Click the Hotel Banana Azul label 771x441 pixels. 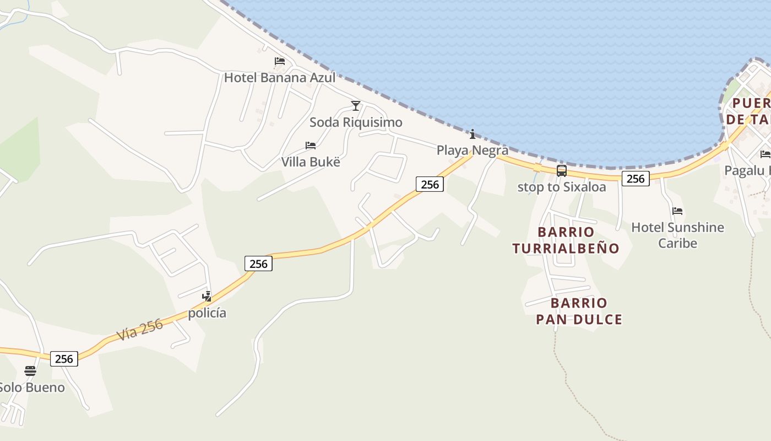click(280, 78)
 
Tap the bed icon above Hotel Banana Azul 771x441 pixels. click(280, 61)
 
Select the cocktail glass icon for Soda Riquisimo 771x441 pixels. click(356, 105)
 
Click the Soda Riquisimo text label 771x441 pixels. click(356, 122)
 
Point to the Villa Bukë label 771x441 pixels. click(311, 162)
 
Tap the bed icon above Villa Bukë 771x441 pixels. click(311, 146)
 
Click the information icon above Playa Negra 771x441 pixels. click(472, 134)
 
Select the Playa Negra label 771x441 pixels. click(473, 150)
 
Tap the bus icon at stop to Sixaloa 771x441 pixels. click(562, 171)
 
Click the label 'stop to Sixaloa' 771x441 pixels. click(562, 187)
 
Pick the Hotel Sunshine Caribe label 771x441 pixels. click(677, 235)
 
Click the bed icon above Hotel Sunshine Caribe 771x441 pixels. click(677, 211)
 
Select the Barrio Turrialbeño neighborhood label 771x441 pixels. click(566, 240)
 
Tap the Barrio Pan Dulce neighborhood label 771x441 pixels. click(579, 311)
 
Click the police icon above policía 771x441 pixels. click(207, 297)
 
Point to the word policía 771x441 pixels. click(207, 313)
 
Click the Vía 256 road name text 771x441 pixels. click(140, 330)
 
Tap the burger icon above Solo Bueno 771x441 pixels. click(30, 370)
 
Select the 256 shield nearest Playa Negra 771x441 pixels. click(430, 185)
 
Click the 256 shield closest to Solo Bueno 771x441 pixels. click(64, 359)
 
